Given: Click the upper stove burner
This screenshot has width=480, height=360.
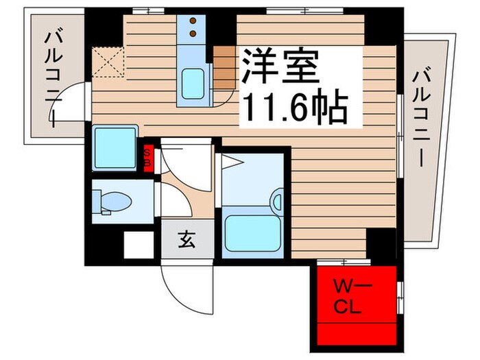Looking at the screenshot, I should pyautogui.click(x=193, y=19).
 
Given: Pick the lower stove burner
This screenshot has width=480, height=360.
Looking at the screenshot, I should pyautogui.click(x=193, y=32).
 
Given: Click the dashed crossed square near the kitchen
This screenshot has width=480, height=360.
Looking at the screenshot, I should pyautogui.click(x=108, y=61).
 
